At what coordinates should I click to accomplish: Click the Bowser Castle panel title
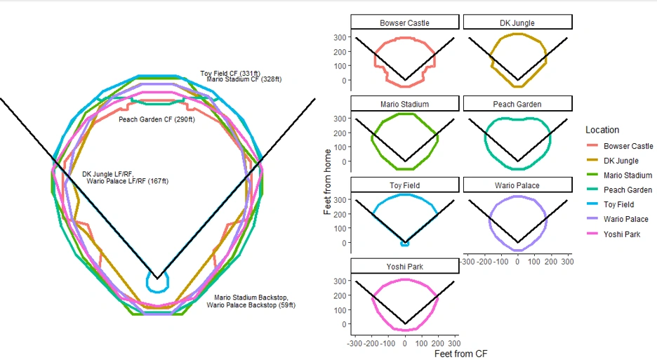point(405,22)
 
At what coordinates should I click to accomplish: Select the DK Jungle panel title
point(517,22)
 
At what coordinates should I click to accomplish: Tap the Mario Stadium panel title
point(405,104)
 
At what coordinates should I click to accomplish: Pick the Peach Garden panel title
point(517,104)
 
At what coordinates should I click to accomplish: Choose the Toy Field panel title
point(405,185)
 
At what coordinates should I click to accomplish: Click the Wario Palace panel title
point(517,185)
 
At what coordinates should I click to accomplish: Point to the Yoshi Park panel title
point(405,267)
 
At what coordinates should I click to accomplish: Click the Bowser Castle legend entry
point(628,146)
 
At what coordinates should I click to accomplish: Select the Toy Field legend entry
point(618,204)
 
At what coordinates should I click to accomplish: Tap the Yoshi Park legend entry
point(621,234)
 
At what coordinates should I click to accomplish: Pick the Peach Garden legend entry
point(628,189)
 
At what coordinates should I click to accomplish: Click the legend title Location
point(602,130)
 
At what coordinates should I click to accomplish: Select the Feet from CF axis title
point(460,354)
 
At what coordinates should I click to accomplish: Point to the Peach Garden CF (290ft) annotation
point(157,119)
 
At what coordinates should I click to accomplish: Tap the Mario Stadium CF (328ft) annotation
point(244,79)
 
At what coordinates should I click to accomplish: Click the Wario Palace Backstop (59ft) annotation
point(251,305)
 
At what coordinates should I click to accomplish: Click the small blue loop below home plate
point(157,283)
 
